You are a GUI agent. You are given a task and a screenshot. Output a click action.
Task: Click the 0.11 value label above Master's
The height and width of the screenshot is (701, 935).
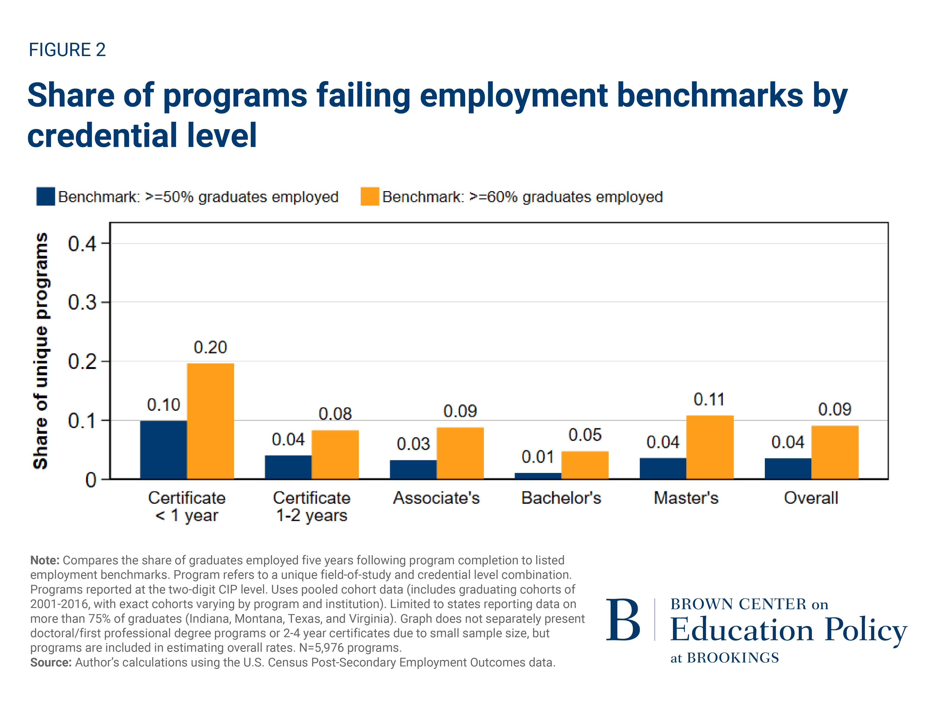pos(709,399)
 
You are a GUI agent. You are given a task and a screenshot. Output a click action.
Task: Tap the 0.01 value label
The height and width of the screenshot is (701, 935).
pos(537,457)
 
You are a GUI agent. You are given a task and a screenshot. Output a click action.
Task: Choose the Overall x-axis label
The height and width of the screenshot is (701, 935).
pos(810,498)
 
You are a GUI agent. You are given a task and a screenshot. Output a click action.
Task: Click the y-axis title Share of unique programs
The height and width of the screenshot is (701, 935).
pos(41,351)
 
